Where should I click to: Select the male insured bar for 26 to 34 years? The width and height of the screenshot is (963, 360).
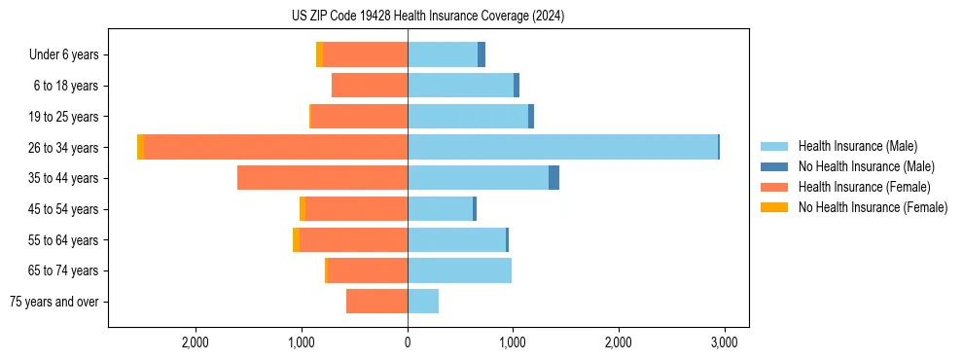coord(562,147)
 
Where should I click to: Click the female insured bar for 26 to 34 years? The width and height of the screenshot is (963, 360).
coord(275,147)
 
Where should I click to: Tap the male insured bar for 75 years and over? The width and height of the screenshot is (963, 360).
coord(423,302)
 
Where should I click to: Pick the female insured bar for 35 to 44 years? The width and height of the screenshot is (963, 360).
coord(322,178)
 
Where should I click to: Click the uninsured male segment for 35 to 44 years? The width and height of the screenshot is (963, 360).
coord(553,178)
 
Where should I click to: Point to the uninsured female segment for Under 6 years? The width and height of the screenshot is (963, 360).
coord(319,54)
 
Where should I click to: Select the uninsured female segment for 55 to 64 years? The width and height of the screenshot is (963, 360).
coord(296,239)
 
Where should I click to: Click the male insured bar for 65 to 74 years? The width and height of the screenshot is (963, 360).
coord(459,270)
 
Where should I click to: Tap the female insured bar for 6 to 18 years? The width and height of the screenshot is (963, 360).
coord(370,86)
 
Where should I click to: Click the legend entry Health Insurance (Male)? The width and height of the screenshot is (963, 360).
coord(857,146)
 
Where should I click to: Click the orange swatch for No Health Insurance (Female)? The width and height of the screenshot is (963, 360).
coord(775,207)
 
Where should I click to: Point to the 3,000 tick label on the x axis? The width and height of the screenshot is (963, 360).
coord(723,342)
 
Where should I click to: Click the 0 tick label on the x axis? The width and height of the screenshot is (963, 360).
coord(408,342)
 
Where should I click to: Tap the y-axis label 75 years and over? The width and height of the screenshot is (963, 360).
coord(53,302)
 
